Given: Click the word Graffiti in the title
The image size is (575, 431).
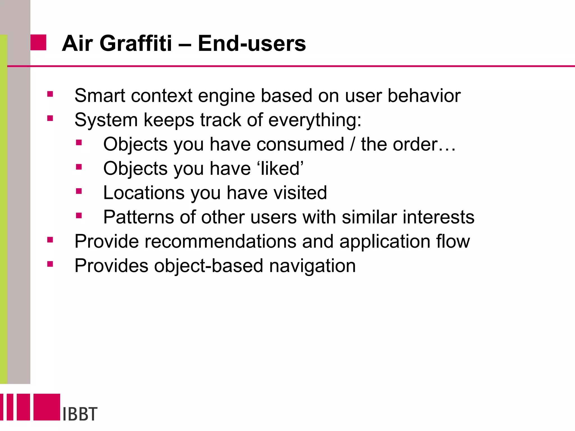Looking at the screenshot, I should [136, 43].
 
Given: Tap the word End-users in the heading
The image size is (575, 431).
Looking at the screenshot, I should [252, 43].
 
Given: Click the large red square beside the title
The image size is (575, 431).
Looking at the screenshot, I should [38, 43].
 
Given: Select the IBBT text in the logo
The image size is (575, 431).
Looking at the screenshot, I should [80, 414].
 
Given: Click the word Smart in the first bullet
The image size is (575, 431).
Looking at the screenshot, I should [100, 96].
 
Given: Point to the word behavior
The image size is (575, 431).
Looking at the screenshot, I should [424, 96].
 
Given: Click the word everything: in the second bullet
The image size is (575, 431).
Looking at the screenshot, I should [315, 120].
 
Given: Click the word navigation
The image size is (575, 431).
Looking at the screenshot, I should [312, 266].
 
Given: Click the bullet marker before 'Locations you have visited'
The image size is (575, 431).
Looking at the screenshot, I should [79, 191].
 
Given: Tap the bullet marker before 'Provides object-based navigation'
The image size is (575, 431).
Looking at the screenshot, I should [50, 264].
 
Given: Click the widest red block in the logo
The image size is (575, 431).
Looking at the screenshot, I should [47, 407].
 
